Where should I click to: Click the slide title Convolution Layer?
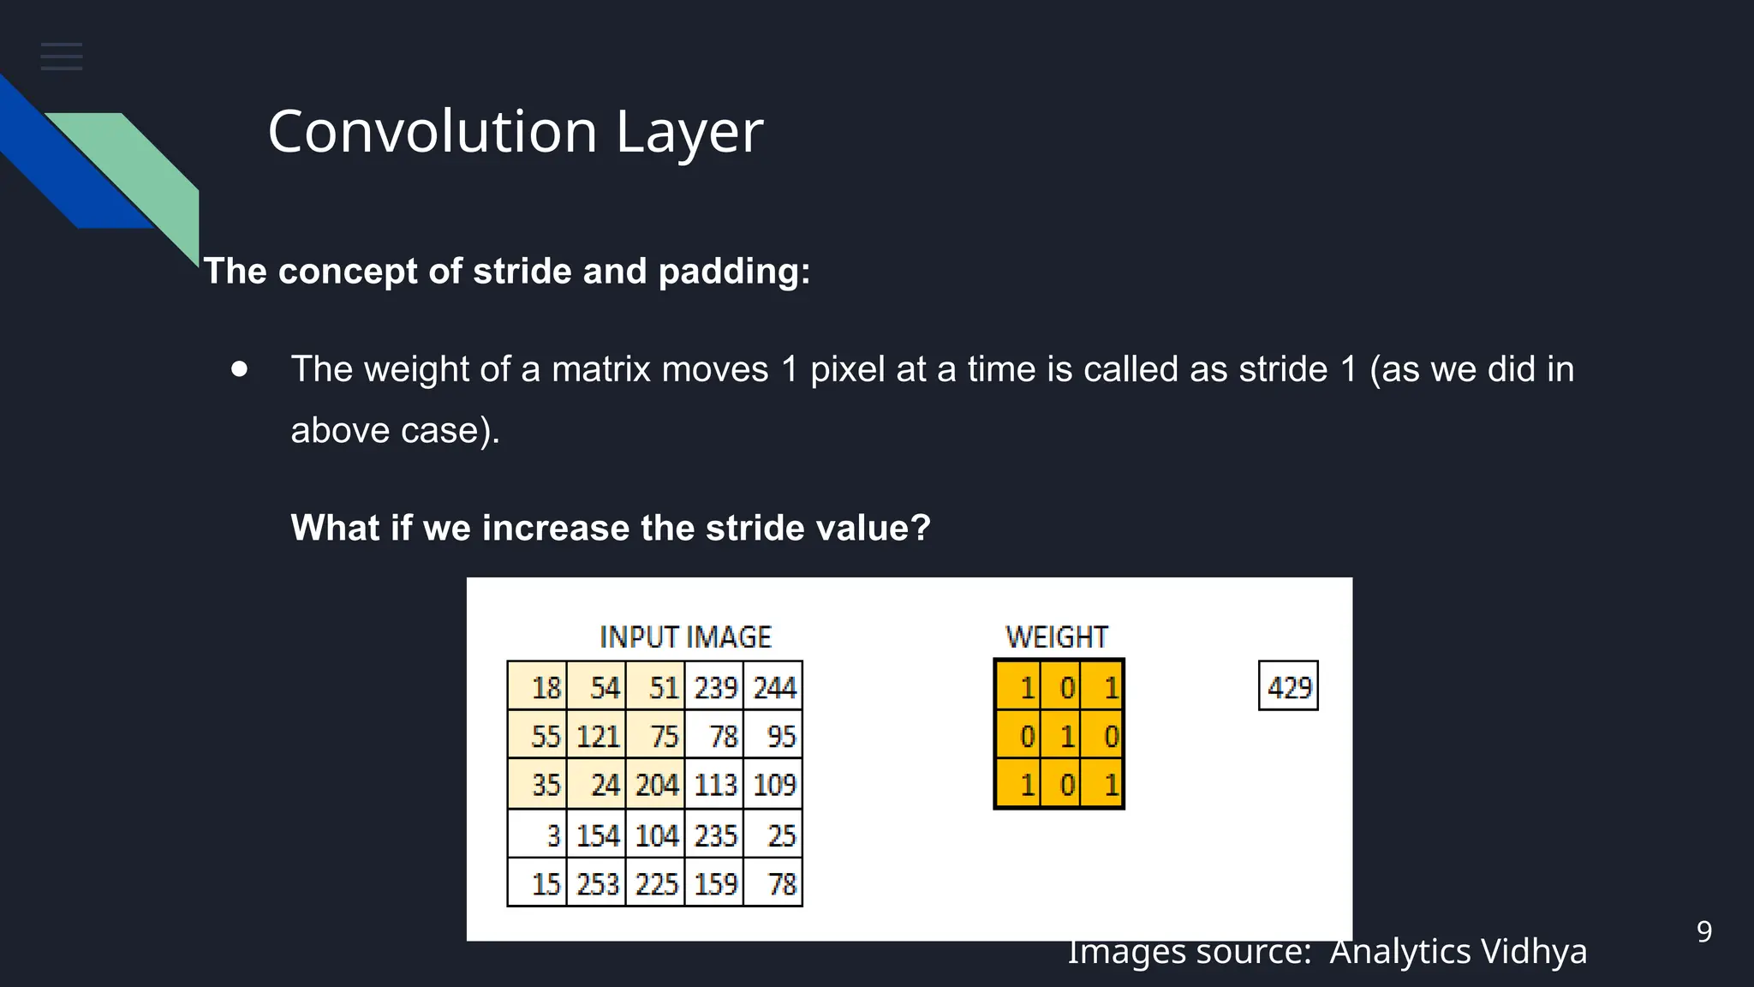pos(515,132)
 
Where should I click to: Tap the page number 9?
pos(1704,931)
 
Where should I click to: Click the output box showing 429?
pos(1288,686)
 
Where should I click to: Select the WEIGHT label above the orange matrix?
pos(1057,637)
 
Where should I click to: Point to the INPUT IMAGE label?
pos(685,637)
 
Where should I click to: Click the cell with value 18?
pos(538,686)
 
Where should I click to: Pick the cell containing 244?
pos(773,686)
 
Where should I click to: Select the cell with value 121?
pos(597,736)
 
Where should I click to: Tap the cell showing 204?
pos(656,785)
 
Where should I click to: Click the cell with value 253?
pos(597,883)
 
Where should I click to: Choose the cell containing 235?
pos(715,834)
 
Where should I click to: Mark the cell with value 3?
pos(538,834)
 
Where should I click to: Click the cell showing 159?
pos(715,883)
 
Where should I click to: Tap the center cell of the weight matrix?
pos(1060,735)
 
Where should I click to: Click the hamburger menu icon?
pos(62,57)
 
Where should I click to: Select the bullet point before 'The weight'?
pos(240,369)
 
